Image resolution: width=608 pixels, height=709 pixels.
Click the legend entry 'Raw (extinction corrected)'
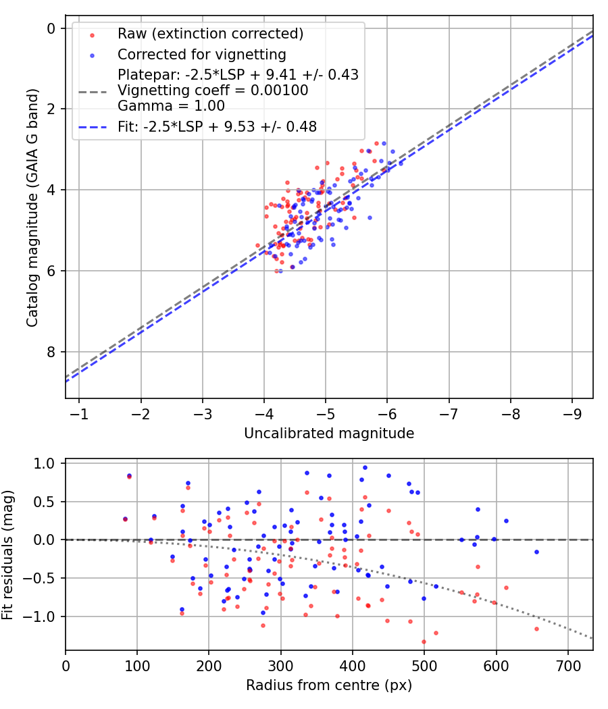(x=210, y=34)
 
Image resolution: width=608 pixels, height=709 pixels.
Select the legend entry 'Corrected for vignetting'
(x=201, y=54)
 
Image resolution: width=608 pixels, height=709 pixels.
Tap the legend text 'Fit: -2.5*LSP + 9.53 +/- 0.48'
(x=217, y=126)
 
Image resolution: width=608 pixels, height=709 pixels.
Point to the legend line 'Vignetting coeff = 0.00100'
(x=213, y=90)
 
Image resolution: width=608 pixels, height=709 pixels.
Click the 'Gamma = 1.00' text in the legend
(x=171, y=106)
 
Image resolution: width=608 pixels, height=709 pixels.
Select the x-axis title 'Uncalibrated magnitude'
(x=329, y=434)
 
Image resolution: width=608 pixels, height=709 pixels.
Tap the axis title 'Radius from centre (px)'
(x=329, y=685)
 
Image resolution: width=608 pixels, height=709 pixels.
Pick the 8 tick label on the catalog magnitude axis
(x=51, y=352)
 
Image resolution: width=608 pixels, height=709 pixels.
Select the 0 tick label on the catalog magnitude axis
(x=51, y=28)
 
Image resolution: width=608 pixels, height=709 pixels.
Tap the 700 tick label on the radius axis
(x=568, y=665)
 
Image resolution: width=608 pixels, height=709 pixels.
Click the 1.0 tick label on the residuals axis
(x=46, y=463)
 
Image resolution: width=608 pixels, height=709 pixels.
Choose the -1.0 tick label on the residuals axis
(x=43, y=616)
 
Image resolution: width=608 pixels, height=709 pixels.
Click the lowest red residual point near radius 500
(x=424, y=641)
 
